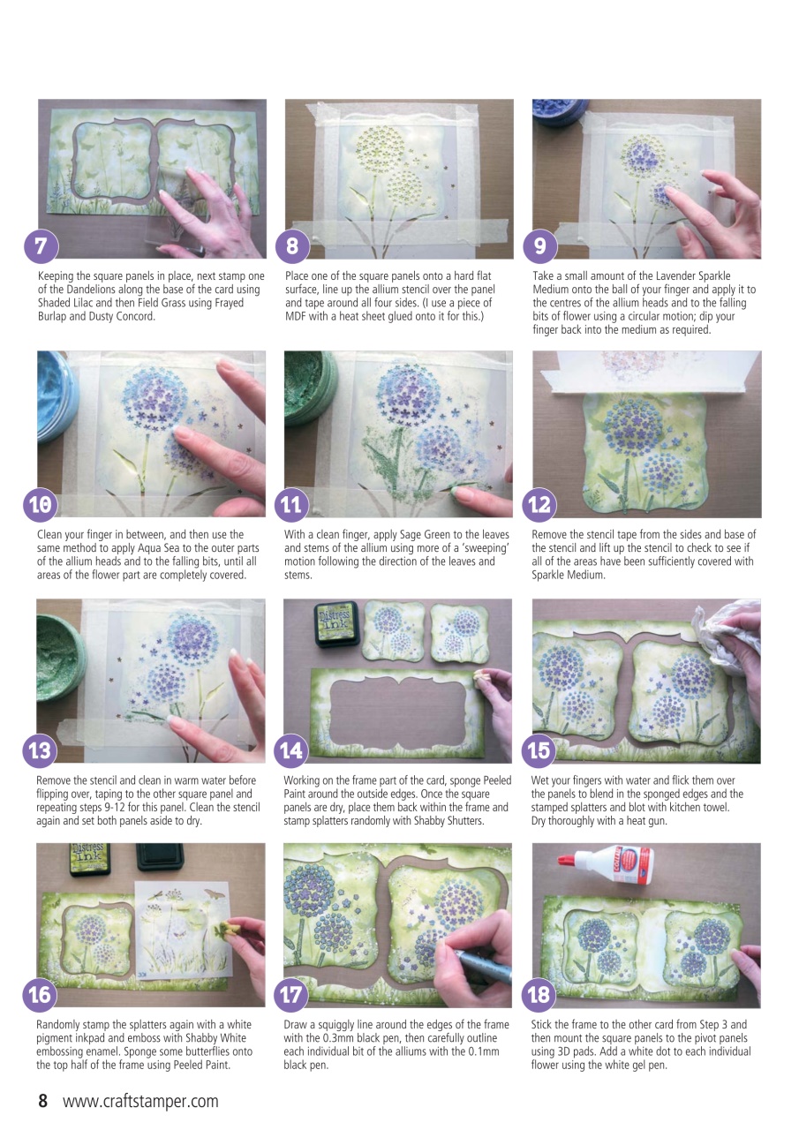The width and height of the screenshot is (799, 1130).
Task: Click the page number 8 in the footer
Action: tap(41, 1101)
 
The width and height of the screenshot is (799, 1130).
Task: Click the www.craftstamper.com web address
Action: tap(140, 1101)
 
